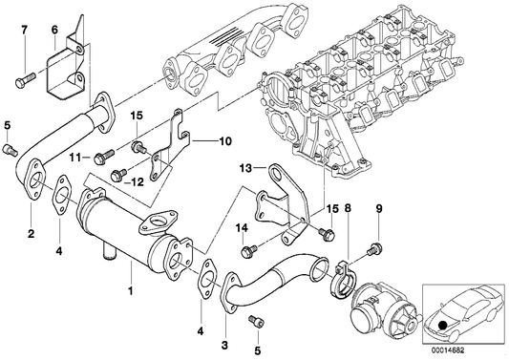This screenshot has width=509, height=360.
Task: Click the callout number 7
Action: (24, 31)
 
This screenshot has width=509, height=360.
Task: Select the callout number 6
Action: (54, 31)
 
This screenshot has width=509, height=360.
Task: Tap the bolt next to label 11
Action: (104, 156)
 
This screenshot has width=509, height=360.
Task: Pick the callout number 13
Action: (245, 168)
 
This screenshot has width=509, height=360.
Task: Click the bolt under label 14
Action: (249, 250)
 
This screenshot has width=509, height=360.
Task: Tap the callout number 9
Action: (379, 208)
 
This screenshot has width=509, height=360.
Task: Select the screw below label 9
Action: (374, 249)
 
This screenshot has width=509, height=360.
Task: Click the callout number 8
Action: (348, 208)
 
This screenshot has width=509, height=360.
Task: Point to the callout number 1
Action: (131, 291)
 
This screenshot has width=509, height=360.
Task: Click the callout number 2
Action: (31, 233)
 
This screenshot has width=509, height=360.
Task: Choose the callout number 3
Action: (224, 345)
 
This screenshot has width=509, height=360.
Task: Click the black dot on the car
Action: (441, 325)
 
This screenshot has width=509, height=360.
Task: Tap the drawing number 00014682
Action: (448, 350)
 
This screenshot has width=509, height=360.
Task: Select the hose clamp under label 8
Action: (344, 278)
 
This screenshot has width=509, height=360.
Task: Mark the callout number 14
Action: (243, 228)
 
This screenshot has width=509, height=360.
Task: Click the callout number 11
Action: (74, 158)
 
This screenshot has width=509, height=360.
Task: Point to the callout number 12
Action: (137, 182)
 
